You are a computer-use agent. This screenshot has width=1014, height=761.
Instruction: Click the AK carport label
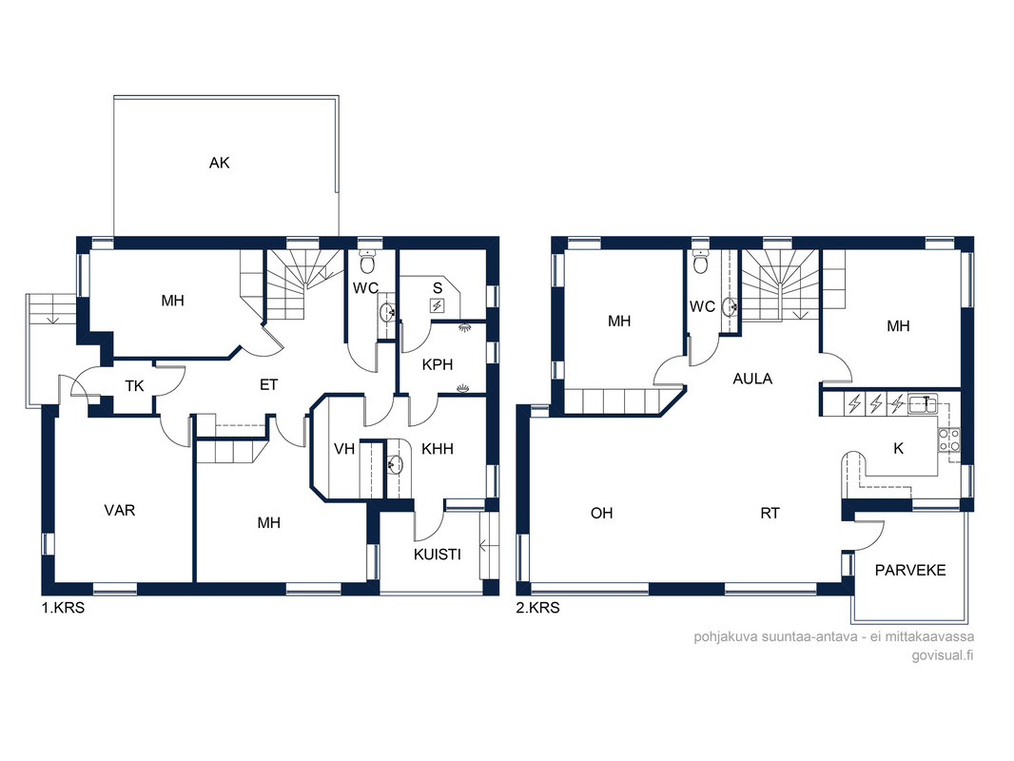click(219, 163)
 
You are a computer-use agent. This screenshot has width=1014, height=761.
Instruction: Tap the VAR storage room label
click(120, 510)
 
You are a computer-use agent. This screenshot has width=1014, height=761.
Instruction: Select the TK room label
click(134, 386)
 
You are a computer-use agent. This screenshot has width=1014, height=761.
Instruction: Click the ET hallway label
click(268, 384)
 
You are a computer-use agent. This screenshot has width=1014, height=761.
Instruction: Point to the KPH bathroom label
click(438, 364)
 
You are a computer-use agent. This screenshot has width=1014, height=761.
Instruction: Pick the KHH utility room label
click(438, 449)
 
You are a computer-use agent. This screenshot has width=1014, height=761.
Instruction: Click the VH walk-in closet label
click(344, 449)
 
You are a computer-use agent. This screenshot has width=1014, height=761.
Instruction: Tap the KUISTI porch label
click(438, 554)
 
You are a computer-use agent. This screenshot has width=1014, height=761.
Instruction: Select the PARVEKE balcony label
click(910, 570)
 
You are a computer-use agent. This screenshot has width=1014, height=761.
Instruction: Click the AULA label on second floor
click(752, 379)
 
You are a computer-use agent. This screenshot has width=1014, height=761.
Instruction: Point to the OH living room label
click(601, 514)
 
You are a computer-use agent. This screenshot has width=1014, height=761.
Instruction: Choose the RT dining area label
click(770, 514)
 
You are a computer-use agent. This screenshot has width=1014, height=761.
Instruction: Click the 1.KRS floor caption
click(64, 608)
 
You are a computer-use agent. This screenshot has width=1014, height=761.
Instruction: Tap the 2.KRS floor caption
click(538, 608)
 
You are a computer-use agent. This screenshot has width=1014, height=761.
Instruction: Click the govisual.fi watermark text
click(943, 655)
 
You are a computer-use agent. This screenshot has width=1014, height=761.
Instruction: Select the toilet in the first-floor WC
click(367, 263)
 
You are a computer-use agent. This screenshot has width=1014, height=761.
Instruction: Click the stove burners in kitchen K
click(949, 439)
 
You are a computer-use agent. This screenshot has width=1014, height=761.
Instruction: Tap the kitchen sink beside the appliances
click(923, 404)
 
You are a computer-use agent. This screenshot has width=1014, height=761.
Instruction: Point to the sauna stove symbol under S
click(438, 305)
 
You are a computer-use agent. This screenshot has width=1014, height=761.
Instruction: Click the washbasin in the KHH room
click(394, 464)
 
